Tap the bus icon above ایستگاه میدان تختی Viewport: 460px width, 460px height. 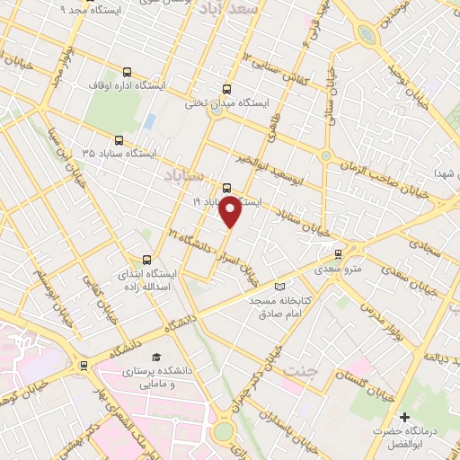click(x=226, y=89)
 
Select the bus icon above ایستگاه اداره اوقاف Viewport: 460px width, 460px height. click(x=127, y=71)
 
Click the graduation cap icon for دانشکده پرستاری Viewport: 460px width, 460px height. click(x=158, y=357)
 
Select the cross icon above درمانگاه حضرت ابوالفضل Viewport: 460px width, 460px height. click(x=405, y=418)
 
